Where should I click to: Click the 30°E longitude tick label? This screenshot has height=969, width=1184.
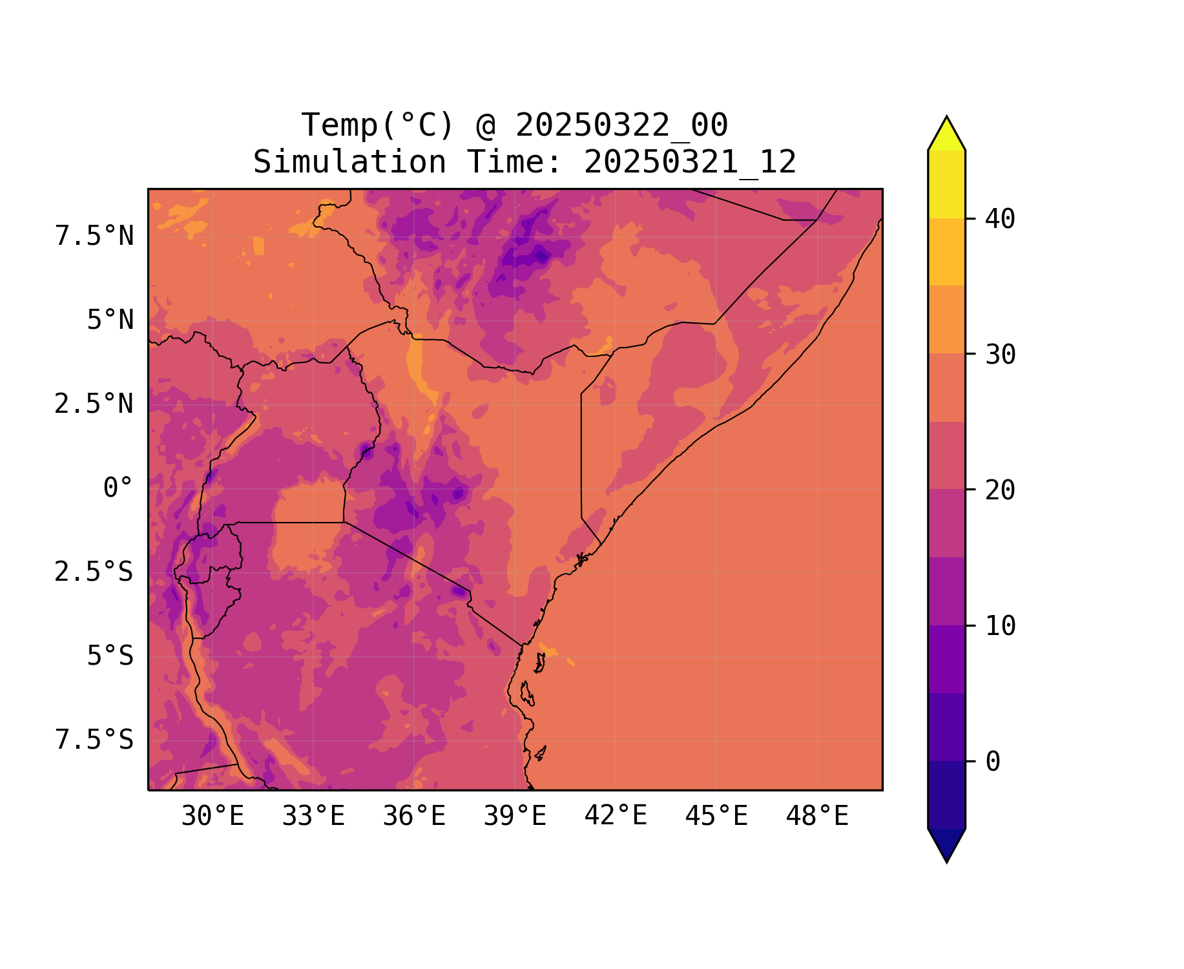[x=213, y=817]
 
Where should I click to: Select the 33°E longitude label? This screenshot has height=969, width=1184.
[x=313, y=817]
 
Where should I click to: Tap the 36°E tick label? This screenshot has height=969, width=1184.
[x=414, y=817]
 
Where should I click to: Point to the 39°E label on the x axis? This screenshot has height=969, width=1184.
[x=515, y=817]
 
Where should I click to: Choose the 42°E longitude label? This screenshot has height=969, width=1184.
[x=616, y=816]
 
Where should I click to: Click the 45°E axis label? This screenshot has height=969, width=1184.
[x=716, y=817]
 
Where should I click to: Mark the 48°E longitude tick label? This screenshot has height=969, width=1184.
[x=817, y=817]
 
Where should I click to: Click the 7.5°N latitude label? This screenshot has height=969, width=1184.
[x=94, y=236]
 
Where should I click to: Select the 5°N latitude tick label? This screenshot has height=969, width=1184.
[x=110, y=320]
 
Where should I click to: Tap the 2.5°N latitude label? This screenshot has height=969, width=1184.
[x=94, y=404]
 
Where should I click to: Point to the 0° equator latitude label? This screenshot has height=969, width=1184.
[x=118, y=488]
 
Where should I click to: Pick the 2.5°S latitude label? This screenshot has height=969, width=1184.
[x=94, y=572]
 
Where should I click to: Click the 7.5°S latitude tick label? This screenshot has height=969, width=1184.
[x=94, y=740]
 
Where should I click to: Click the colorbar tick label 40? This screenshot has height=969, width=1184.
[x=1000, y=219]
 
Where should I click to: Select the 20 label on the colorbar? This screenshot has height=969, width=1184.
[x=1000, y=490]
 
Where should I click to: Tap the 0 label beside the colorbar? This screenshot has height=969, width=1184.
[x=993, y=762]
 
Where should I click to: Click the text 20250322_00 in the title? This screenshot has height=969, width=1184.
[x=621, y=125]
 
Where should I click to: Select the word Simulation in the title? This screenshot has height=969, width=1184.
[x=349, y=162]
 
